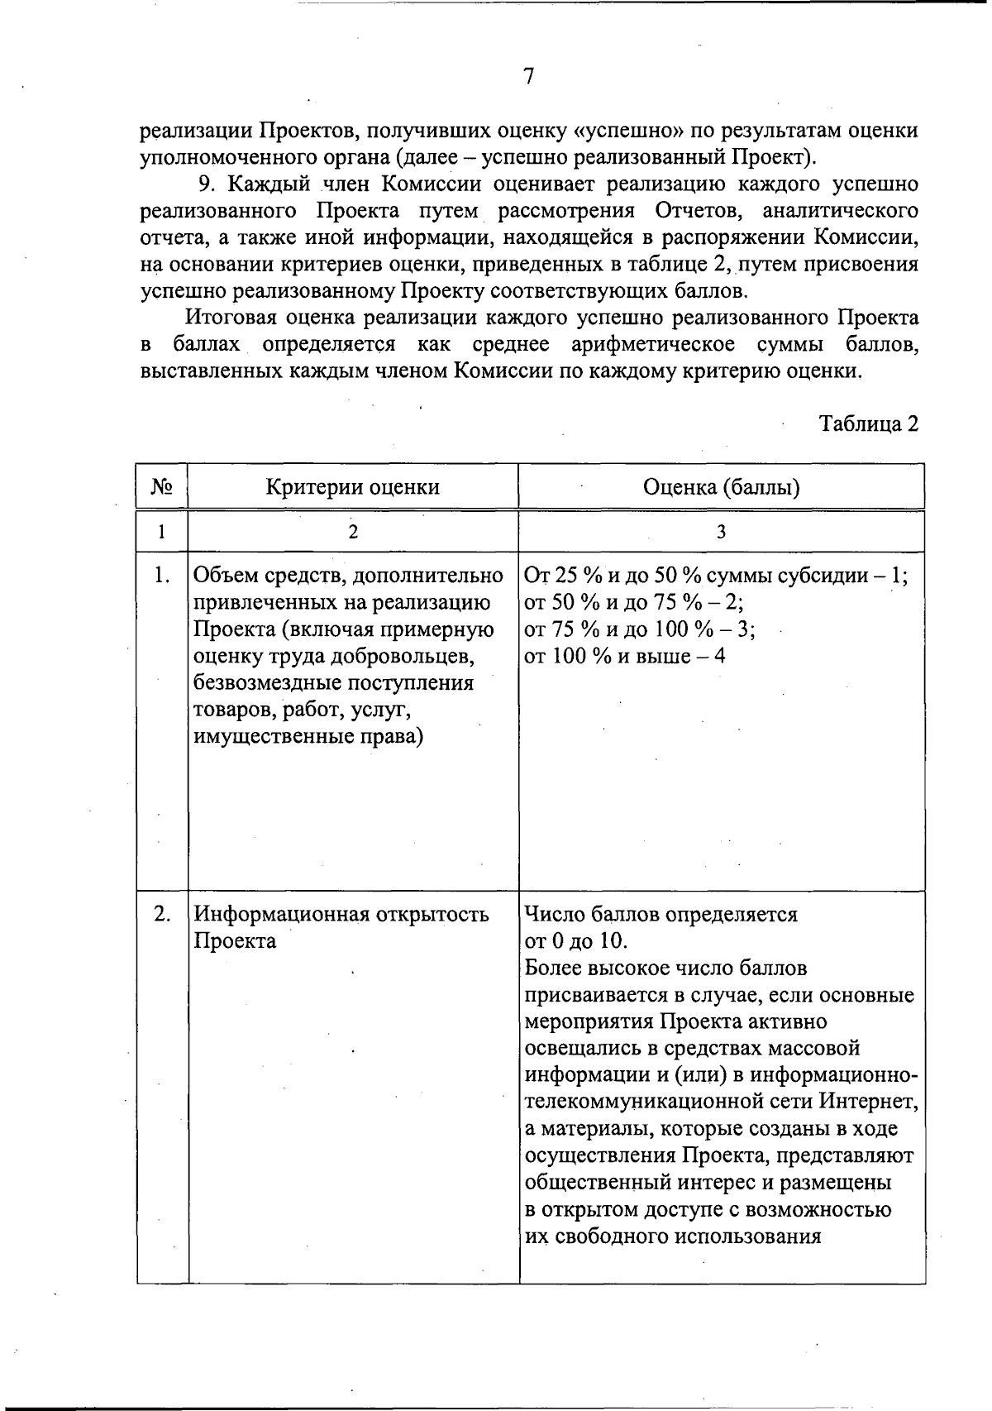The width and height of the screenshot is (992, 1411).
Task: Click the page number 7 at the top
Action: [529, 77]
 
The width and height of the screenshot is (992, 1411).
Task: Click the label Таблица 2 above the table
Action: [868, 424]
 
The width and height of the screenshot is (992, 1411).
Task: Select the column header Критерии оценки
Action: [352, 486]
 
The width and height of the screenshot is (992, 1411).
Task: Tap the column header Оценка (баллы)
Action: [721, 486]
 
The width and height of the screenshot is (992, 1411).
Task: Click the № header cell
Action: [162, 486]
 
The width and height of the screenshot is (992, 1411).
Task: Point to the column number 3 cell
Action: [721, 532]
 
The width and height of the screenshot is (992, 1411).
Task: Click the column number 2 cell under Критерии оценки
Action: [353, 532]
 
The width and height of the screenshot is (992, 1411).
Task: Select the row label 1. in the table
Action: [162, 575]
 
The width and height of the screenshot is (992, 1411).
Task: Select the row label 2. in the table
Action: [162, 914]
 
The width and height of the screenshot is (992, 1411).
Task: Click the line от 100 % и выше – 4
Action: [625, 656]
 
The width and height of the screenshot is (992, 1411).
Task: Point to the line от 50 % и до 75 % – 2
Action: [634, 602]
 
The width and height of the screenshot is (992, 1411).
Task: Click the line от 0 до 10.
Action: [575, 941]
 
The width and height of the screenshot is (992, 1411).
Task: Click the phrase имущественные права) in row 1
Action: [308, 736]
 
